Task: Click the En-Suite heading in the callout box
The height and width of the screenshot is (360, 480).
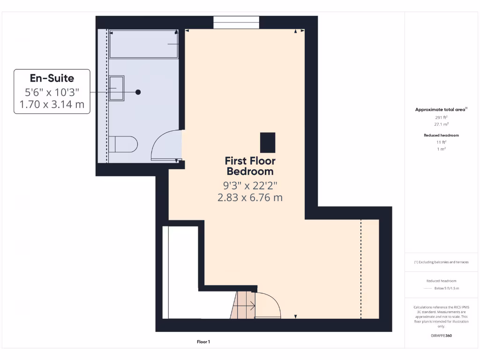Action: [x=52, y=78]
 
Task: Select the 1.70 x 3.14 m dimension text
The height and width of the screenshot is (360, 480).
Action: [x=52, y=104]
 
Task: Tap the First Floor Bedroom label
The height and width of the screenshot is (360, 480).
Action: [x=250, y=166]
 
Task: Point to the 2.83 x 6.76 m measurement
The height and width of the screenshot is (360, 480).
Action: [x=250, y=197]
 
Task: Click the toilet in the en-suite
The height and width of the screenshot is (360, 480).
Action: [x=123, y=144]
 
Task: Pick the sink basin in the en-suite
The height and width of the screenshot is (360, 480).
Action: [x=117, y=88]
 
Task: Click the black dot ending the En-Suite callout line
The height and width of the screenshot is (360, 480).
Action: [x=138, y=92]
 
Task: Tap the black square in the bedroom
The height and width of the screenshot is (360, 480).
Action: [x=268, y=142]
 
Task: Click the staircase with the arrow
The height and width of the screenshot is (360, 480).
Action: [x=244, y=306]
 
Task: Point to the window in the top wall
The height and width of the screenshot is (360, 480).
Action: [x=236, y=22]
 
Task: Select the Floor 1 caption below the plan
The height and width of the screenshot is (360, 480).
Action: [x=203, y=342]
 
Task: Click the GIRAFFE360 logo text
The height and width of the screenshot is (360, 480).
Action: [x=441, y=336]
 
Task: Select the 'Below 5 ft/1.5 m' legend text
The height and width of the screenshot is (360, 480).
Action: [x=447, y=288]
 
